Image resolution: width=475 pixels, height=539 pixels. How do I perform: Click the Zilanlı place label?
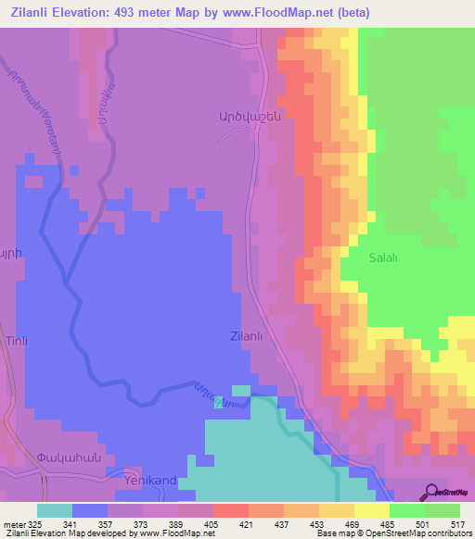click(246, 337)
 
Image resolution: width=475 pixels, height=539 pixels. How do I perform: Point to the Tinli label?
click(18, 342)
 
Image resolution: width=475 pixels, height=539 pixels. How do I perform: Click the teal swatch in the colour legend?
click(55, 510)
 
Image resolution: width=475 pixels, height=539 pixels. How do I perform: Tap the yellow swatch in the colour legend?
click(372, 510)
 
